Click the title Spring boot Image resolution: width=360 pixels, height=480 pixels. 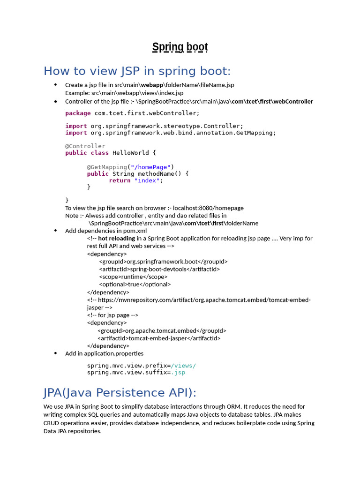tap(180, 47)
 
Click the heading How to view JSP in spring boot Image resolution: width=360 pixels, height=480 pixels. tap(137, 71)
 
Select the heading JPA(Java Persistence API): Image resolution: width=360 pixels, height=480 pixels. tap(120, 392)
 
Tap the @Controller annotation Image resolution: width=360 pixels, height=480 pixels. tap(85, 146)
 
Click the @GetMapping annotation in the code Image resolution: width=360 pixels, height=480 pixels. tap(107, 167)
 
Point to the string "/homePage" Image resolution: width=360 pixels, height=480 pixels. tap(150, 167)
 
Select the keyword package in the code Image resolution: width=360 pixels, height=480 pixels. tap(78, 113)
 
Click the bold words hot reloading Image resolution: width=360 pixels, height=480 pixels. tap(116, 238)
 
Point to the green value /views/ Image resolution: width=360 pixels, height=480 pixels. tap(183, 366)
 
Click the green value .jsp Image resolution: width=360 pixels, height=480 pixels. tap(178, 372)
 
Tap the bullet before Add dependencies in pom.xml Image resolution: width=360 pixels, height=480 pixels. tap(55, 231)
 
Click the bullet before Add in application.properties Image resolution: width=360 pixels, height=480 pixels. tap(55, 353)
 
